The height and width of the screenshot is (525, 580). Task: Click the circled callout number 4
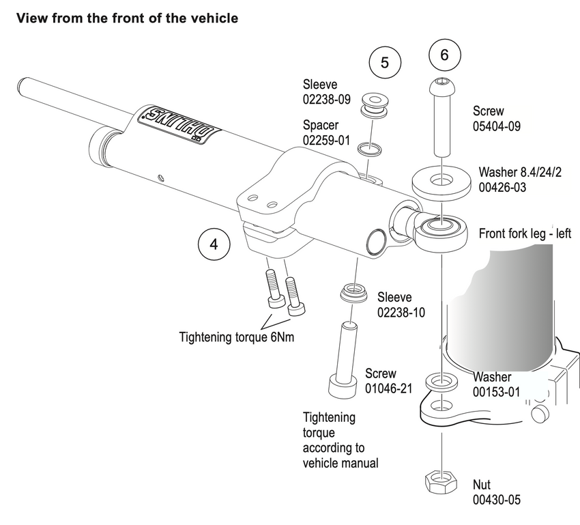tap(214, 244)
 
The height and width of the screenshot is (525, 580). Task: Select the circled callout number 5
tap(385, 62)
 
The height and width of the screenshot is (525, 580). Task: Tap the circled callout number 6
tap(444, 55)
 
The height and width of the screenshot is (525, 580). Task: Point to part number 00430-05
tap(497, 500)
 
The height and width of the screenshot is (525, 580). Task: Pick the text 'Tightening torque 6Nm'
tap(237, 337)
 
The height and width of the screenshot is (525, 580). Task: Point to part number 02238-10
tap(401, 313)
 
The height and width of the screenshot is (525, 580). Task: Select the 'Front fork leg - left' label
tap(525, 233)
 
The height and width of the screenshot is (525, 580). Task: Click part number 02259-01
tap(326, 140)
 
